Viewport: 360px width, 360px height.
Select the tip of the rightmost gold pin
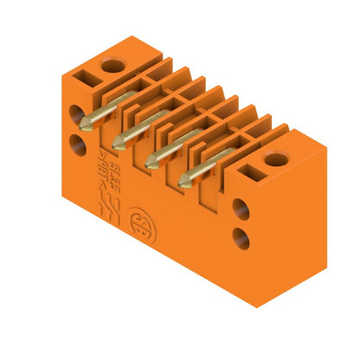[x=183, y=183]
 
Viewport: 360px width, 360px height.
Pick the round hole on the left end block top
[x=111, y=65]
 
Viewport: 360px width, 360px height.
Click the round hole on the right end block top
[x=276, y=159]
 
